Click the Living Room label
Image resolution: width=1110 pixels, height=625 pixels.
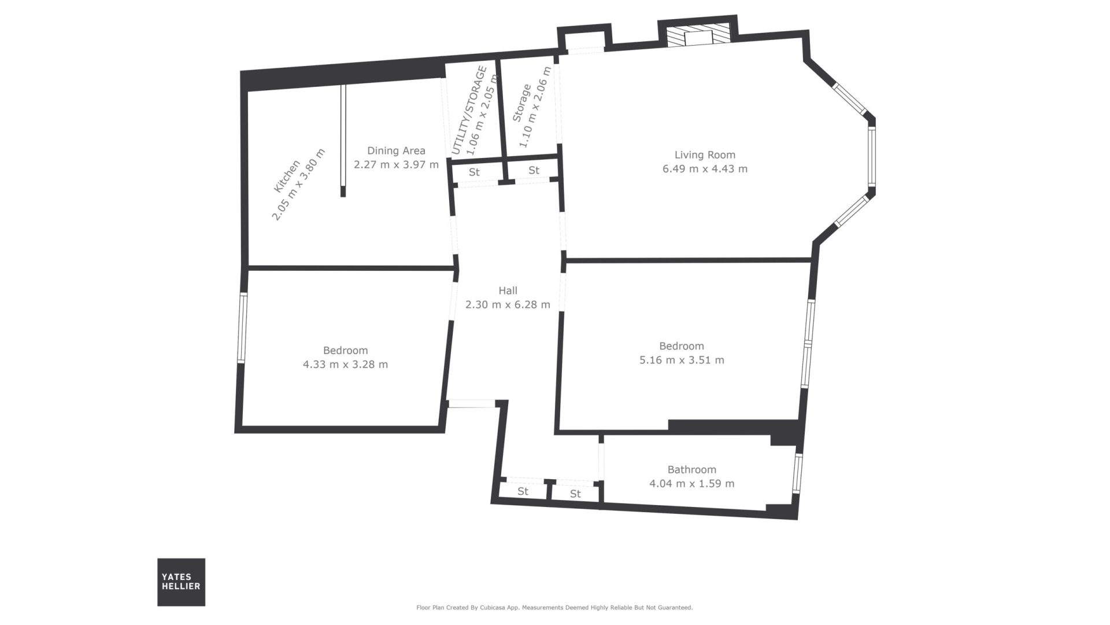[x=705, y=155]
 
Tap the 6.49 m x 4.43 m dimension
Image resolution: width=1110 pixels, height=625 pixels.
[x=705, y=169]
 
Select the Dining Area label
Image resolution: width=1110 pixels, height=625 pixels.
[x=396, y=151]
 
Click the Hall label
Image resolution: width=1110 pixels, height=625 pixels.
[x=508, y=291]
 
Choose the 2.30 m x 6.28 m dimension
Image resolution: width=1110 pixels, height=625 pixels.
[x=508, y=304]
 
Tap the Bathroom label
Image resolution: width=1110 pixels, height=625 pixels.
[x=691, y=469]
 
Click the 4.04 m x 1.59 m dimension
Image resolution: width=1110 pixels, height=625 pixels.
[x=691, y=483]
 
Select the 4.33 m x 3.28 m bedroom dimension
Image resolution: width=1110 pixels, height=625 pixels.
[x=345, y=365]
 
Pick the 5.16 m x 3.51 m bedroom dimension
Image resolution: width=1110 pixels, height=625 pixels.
[x=681, y=360]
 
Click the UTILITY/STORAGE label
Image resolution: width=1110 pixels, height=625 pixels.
[x=469, y=111]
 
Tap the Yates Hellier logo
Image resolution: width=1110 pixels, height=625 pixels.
[x=181, y=582]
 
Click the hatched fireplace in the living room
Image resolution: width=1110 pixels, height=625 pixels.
[x=697, y=36]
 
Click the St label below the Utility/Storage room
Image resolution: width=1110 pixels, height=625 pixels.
[x=475, y=172]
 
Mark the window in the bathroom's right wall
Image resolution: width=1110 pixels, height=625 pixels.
[x=798, y=472]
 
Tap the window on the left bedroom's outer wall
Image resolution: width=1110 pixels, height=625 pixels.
[x=243, y=328]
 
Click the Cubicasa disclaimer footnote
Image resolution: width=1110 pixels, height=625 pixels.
[x=554, y=608]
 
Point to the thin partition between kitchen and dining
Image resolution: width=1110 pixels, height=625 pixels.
[x=343, y=141]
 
